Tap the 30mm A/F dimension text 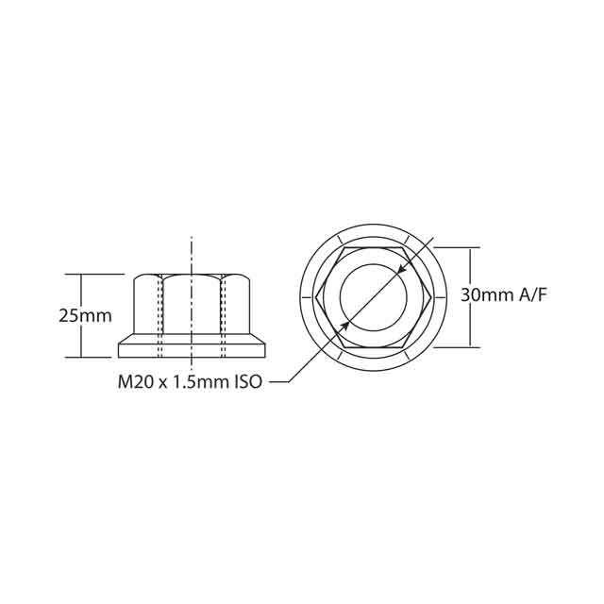click(x=504, y=295)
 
